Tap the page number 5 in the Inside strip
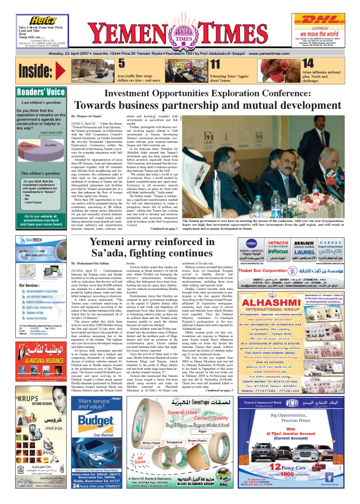[x=122, y=64]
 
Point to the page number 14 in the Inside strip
[x=308, y=63]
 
